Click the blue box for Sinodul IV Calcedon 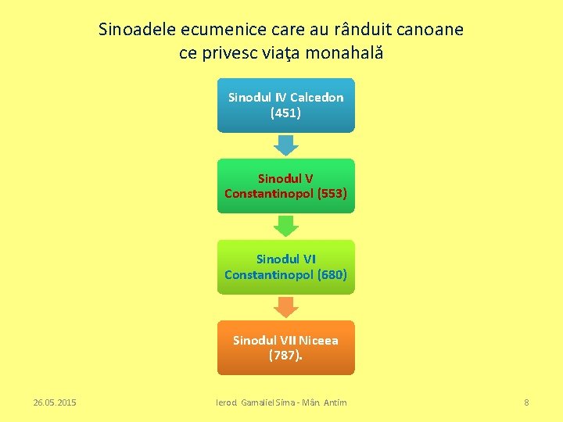(x=285, y=105)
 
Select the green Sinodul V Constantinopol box (x=285, y=185)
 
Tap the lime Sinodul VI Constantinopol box (x=285, y=266)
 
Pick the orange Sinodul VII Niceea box (x=285, y=347)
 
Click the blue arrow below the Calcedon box (x=286, y=145)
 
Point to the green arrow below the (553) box (x=286, y=226)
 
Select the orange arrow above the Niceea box (x=286, y=307)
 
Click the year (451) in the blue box (x=285, y=113)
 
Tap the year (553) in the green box (x=328, y=193)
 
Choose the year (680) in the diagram (x=328, y=274)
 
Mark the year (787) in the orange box (x=284, y=356)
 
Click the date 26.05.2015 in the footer (x=55, y=402)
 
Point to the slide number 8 (x=526, y=402)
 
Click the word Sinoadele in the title (x=137, y=30)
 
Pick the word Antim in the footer (x=335, y=402)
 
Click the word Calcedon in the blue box (x=316, y=97)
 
